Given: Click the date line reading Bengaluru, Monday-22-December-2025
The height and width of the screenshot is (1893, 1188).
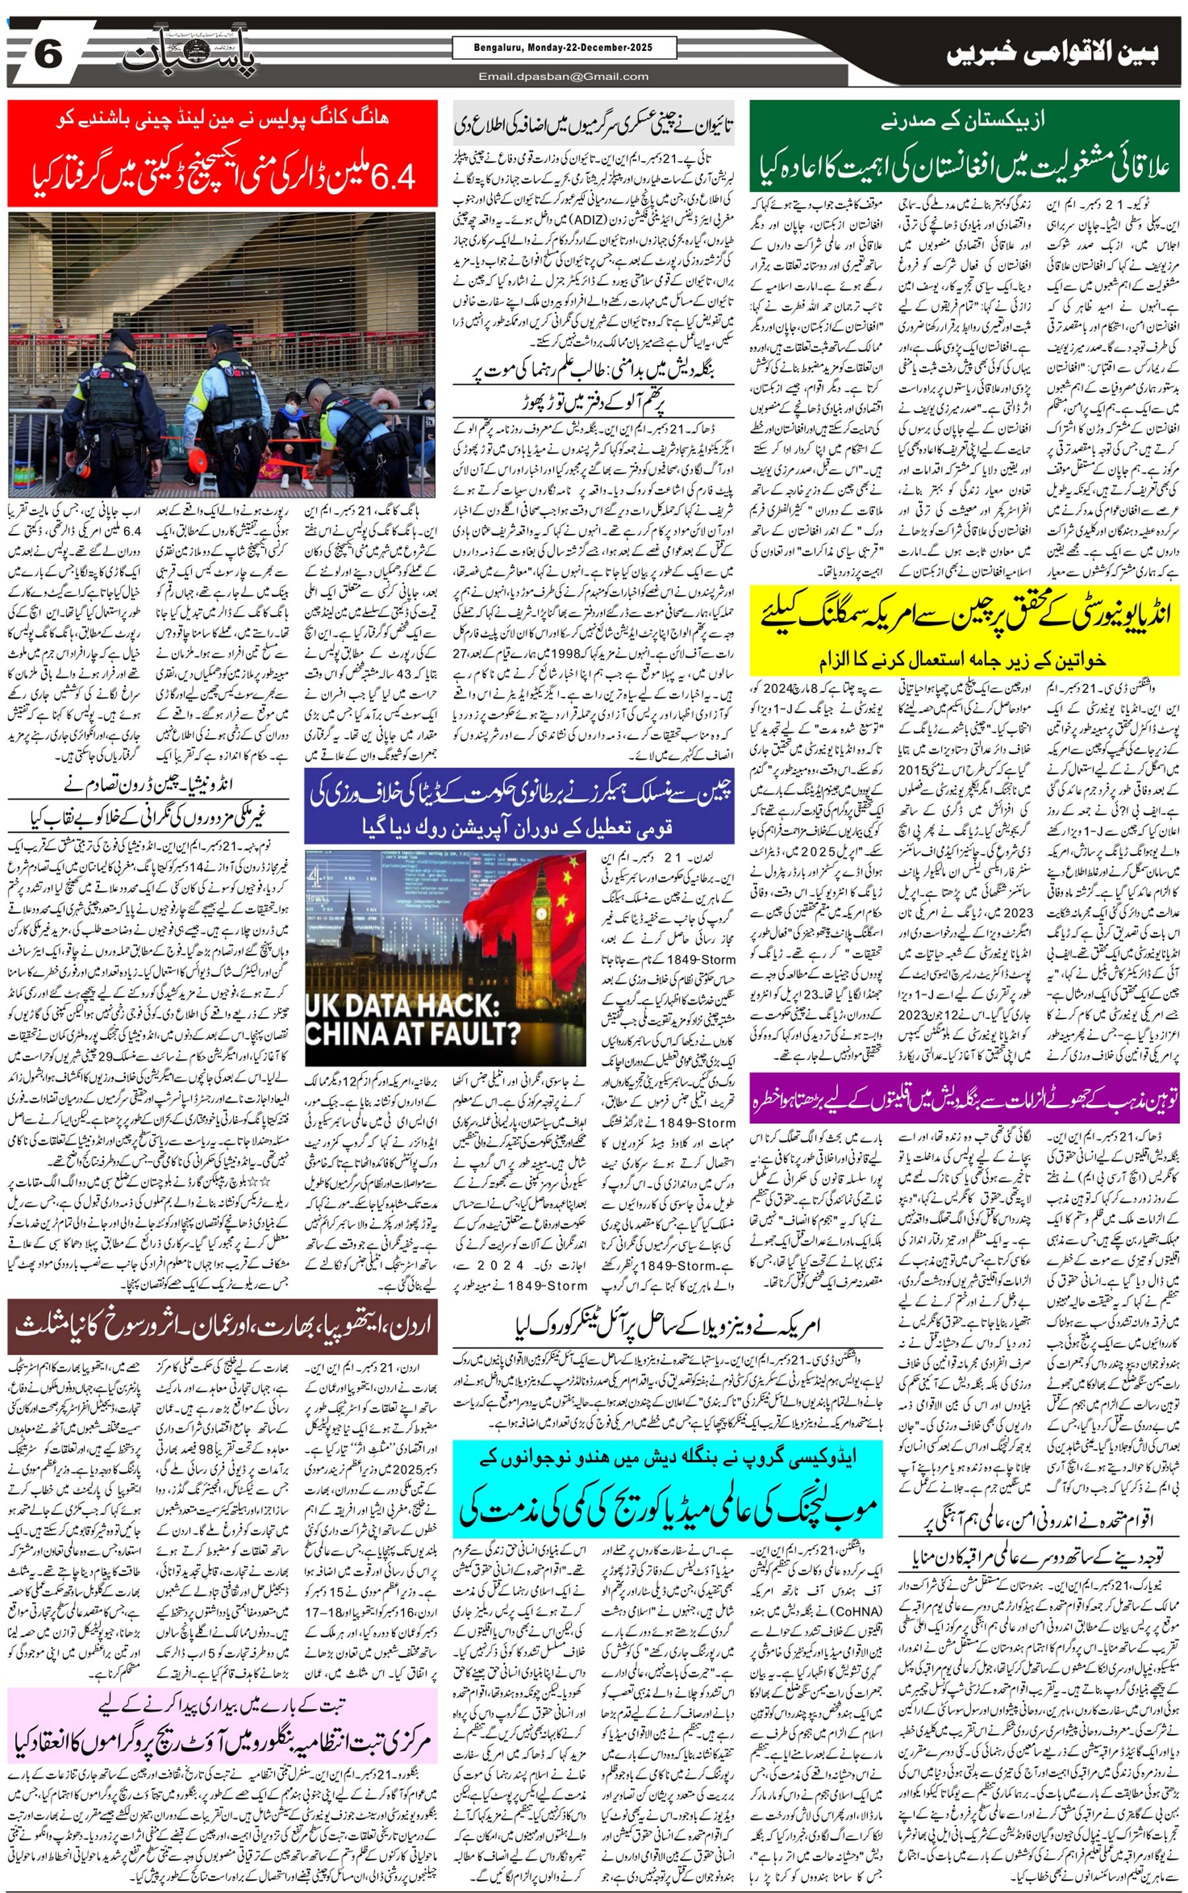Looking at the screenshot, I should click(x=564, y=48).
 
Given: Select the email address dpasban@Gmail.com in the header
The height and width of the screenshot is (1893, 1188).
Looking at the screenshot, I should click(x=564, y=76).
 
